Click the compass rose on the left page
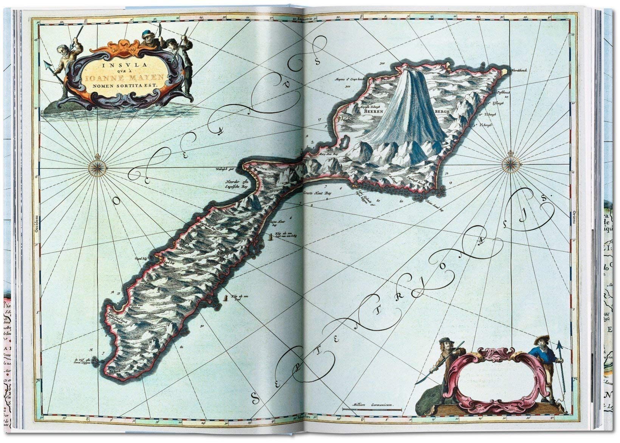point(87,165)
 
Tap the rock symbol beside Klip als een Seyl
point(226,298)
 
